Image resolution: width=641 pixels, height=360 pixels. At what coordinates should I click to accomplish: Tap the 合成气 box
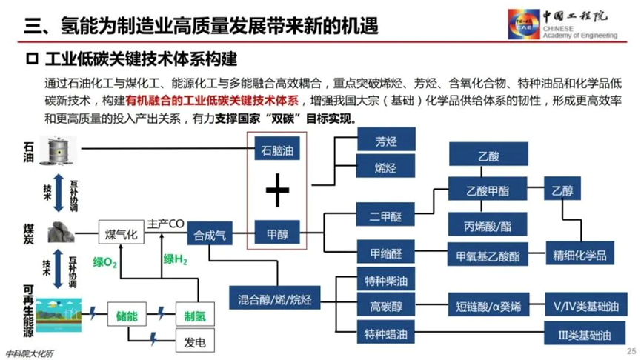pos(210,233)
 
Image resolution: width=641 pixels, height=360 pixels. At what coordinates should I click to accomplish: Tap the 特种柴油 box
pos(386,279)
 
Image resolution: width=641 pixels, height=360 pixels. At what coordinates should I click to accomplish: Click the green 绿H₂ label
pos(176,259)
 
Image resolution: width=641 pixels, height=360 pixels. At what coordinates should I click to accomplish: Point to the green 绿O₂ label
pos(105,262)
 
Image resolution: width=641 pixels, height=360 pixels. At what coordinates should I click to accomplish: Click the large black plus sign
pos(277,190)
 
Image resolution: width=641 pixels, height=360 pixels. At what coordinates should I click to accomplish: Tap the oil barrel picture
pos(59,150)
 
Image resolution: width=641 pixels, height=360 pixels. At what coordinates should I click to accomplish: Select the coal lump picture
pos(62,232)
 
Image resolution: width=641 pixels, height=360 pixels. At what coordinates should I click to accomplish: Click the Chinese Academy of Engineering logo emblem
pos(524,24)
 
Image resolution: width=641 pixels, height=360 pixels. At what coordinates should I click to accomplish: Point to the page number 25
pos(631,351)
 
